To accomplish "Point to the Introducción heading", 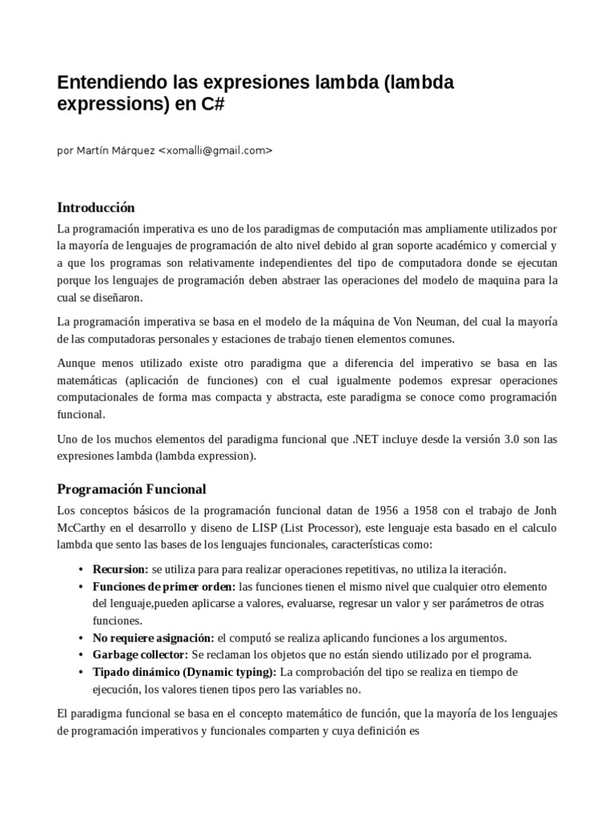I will tap(96, 207).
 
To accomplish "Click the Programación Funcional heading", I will tap(131, 488).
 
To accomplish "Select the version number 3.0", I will tap(508, 439).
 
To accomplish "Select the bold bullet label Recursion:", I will tap(120, 569).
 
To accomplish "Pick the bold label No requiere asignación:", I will tap(153, 637).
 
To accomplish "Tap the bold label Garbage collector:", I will tap(140, 654).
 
